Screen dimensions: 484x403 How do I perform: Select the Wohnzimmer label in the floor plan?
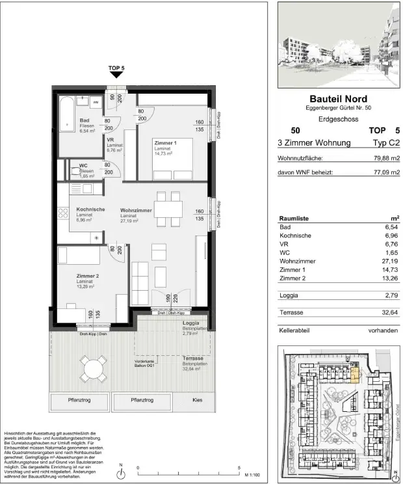(136, 210)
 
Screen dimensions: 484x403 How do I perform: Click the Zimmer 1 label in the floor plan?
(166, 142)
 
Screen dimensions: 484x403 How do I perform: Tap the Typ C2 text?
(385, 142)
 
